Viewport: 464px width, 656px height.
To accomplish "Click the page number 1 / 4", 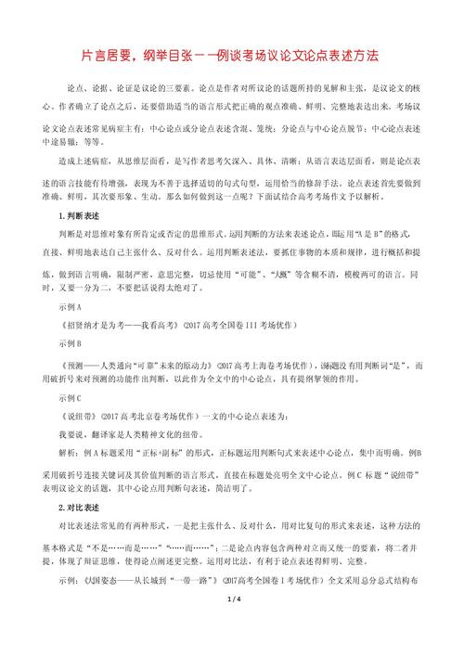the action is point(232,628).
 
